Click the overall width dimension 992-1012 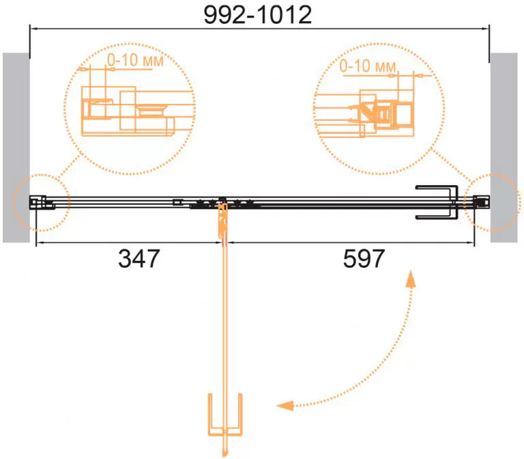(x=258, y=15)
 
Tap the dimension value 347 (x=139, y=259)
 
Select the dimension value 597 (x=364, y=259)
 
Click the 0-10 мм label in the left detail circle (x=135, y=60)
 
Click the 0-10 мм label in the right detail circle (x=368, y=66)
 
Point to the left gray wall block (x=16, y=148)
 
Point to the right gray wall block (x=504, y=148)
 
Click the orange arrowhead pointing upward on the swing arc (x=410, y=279)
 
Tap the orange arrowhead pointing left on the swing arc (x=285, y=406)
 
